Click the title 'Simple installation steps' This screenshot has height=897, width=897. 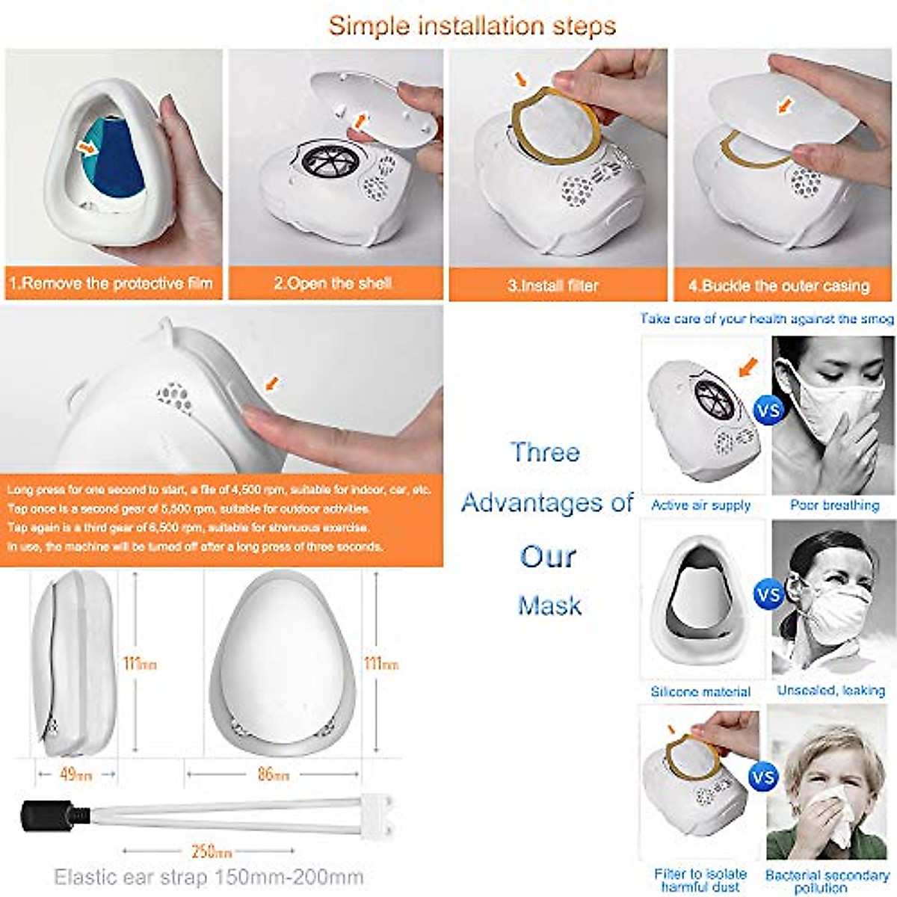coord(472,25)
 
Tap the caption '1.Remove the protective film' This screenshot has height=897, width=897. coord(111,284)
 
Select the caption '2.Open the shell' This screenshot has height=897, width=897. coord(333,284)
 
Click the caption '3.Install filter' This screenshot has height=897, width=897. coord(553,286)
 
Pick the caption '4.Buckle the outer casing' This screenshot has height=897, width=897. coord(779,286)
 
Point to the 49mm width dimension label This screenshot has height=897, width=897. coord(75,774)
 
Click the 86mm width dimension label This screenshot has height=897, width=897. coord(273,774)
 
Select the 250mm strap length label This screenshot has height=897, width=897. coord(212,851)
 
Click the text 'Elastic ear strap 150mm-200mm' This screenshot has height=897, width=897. coord(209,876)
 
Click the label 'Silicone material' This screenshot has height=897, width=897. coord(700,692)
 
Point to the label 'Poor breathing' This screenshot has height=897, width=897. coord(834,505)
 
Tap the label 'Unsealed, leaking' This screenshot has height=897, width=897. coord(830,691)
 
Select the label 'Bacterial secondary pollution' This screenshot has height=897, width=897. coord(827,881)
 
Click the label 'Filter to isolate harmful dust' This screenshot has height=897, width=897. coord(700,880)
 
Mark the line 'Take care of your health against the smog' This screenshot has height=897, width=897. coord(766,318)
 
